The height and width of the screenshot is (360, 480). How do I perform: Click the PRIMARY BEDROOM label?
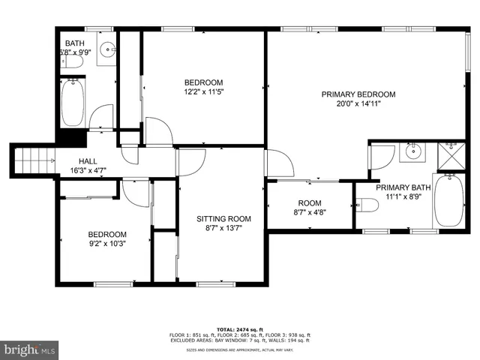[358, 94]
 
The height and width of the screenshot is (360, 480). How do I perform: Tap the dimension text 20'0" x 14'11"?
[358, 104]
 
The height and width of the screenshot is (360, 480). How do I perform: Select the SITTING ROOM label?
[224, 219]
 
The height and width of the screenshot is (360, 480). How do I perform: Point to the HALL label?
[88, 160]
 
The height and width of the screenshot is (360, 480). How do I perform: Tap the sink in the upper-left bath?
[109, 51]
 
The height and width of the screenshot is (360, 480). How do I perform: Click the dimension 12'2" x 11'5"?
[204, 91]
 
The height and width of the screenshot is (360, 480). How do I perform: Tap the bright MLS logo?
[29, 349]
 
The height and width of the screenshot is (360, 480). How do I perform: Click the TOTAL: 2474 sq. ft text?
[239, 329]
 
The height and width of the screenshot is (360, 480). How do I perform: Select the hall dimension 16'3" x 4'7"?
[88, 170]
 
